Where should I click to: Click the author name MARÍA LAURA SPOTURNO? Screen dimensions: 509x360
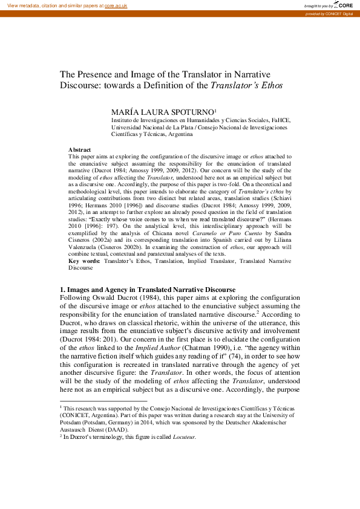tap(162, 112)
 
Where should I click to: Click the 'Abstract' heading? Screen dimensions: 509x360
tap(80, 149)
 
